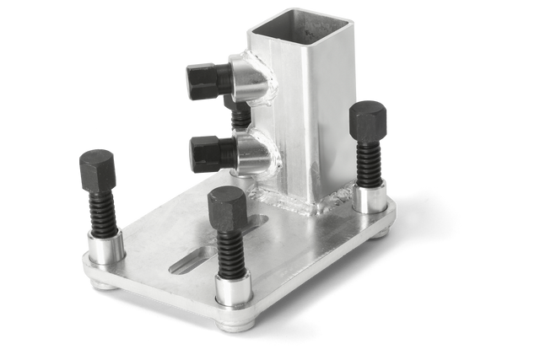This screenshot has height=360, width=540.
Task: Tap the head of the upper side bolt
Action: pyautogui.click(x=203, y=81)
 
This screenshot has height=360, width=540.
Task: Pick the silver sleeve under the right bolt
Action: pyautogui.click(x=370, y=199)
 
